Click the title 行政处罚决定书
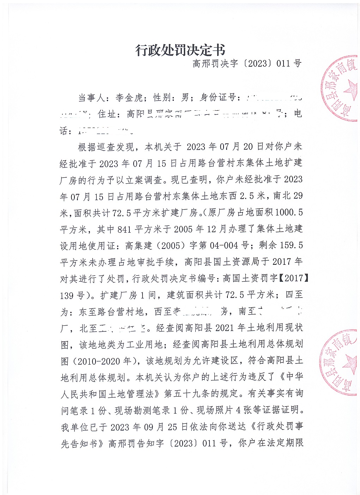click(180, 50)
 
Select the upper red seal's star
click(350, 90)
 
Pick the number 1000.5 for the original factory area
click(288, 212)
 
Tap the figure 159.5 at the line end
click(291, 245)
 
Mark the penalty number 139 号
click(72, 295)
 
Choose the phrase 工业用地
click(145, 344)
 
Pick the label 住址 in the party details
click(107, 114)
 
